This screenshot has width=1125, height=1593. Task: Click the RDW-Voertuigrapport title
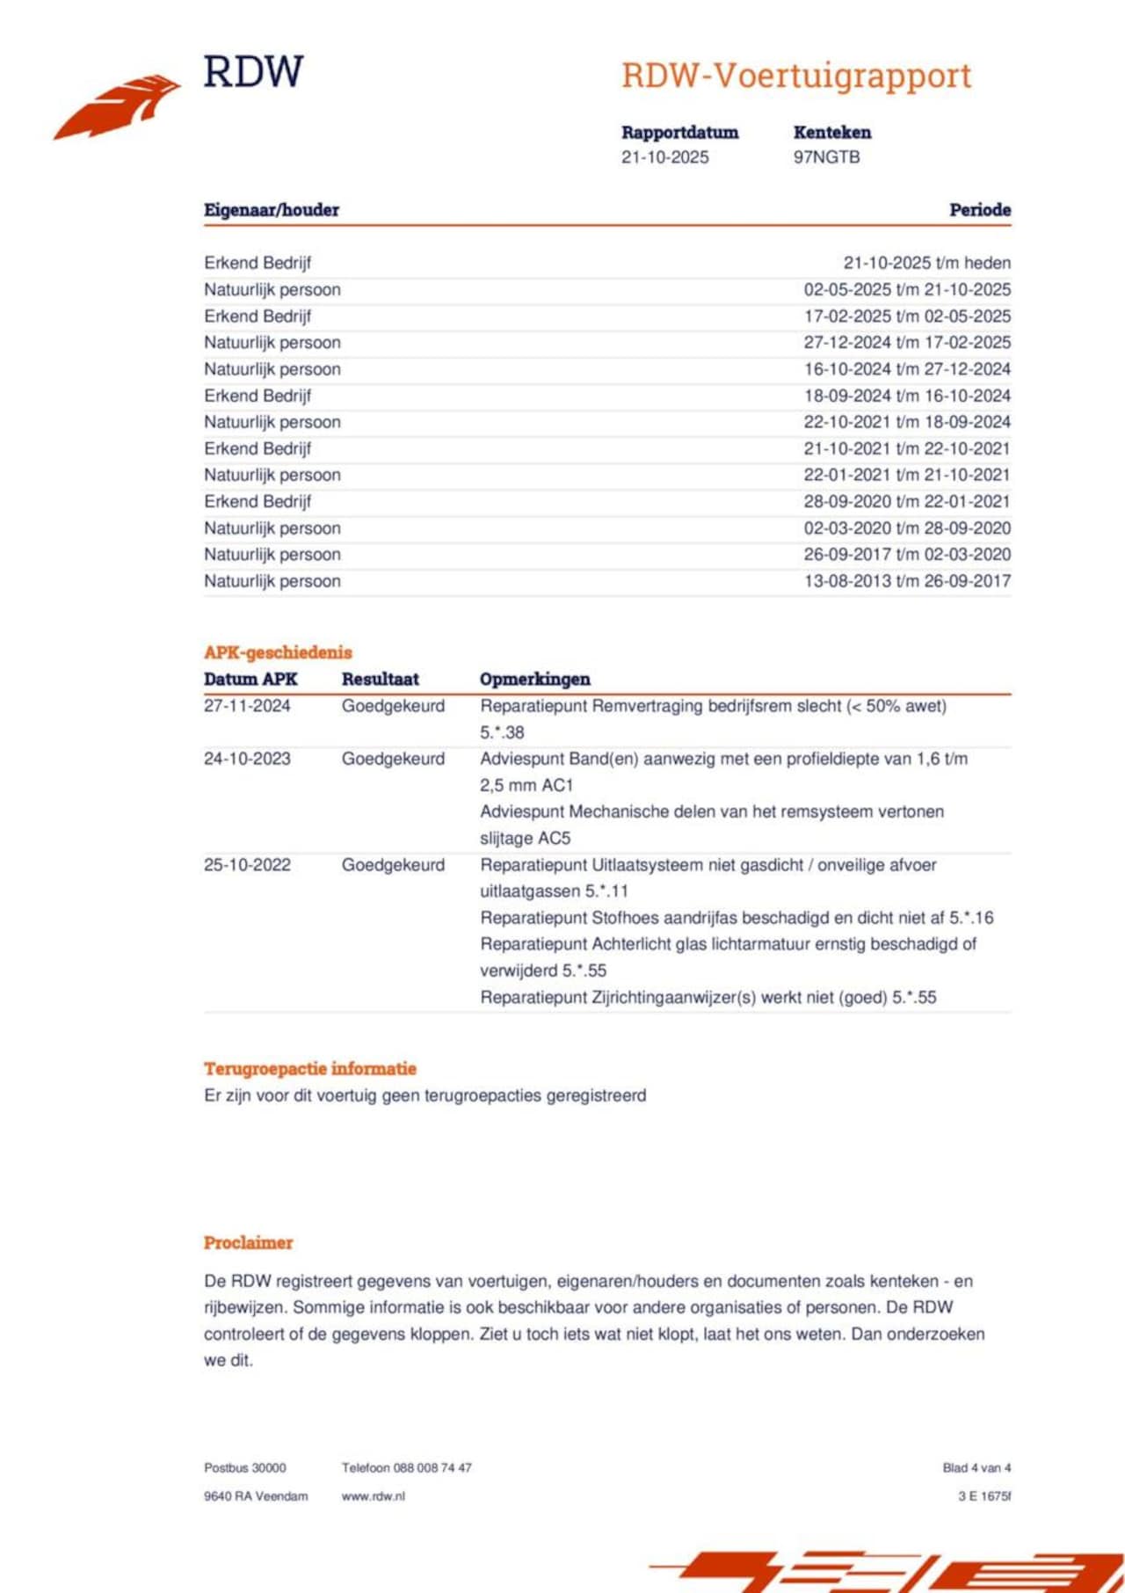[796, 76]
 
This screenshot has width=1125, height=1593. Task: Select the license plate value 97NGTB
[826, 157]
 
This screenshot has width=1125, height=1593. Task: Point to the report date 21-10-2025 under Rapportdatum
[664, 157]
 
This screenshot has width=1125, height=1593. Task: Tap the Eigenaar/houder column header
[271, 210]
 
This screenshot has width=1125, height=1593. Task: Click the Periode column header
[979, 210]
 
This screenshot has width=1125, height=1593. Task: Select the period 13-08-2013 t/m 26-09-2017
[907, 581]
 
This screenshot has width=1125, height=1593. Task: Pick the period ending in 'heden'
[926, 263]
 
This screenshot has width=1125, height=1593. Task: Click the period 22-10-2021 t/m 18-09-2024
[907, 422]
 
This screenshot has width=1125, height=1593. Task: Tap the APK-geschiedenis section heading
[278, 652]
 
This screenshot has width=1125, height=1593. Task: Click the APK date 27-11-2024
[247, 706]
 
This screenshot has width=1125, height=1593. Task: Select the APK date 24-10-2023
[247, 759]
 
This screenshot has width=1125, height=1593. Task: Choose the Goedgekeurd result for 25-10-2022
[393, 865]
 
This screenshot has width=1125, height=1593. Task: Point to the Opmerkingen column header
[534, 680]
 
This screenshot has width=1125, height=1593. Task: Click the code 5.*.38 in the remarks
[502, 732]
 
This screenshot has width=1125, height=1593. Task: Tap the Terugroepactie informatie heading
[310, 1069]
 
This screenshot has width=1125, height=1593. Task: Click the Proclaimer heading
[248, 1243]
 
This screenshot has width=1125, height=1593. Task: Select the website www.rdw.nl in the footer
[373, 1496]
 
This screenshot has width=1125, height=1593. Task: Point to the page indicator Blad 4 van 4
[976, 1468]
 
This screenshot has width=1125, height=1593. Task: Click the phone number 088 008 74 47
[432, 1468]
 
